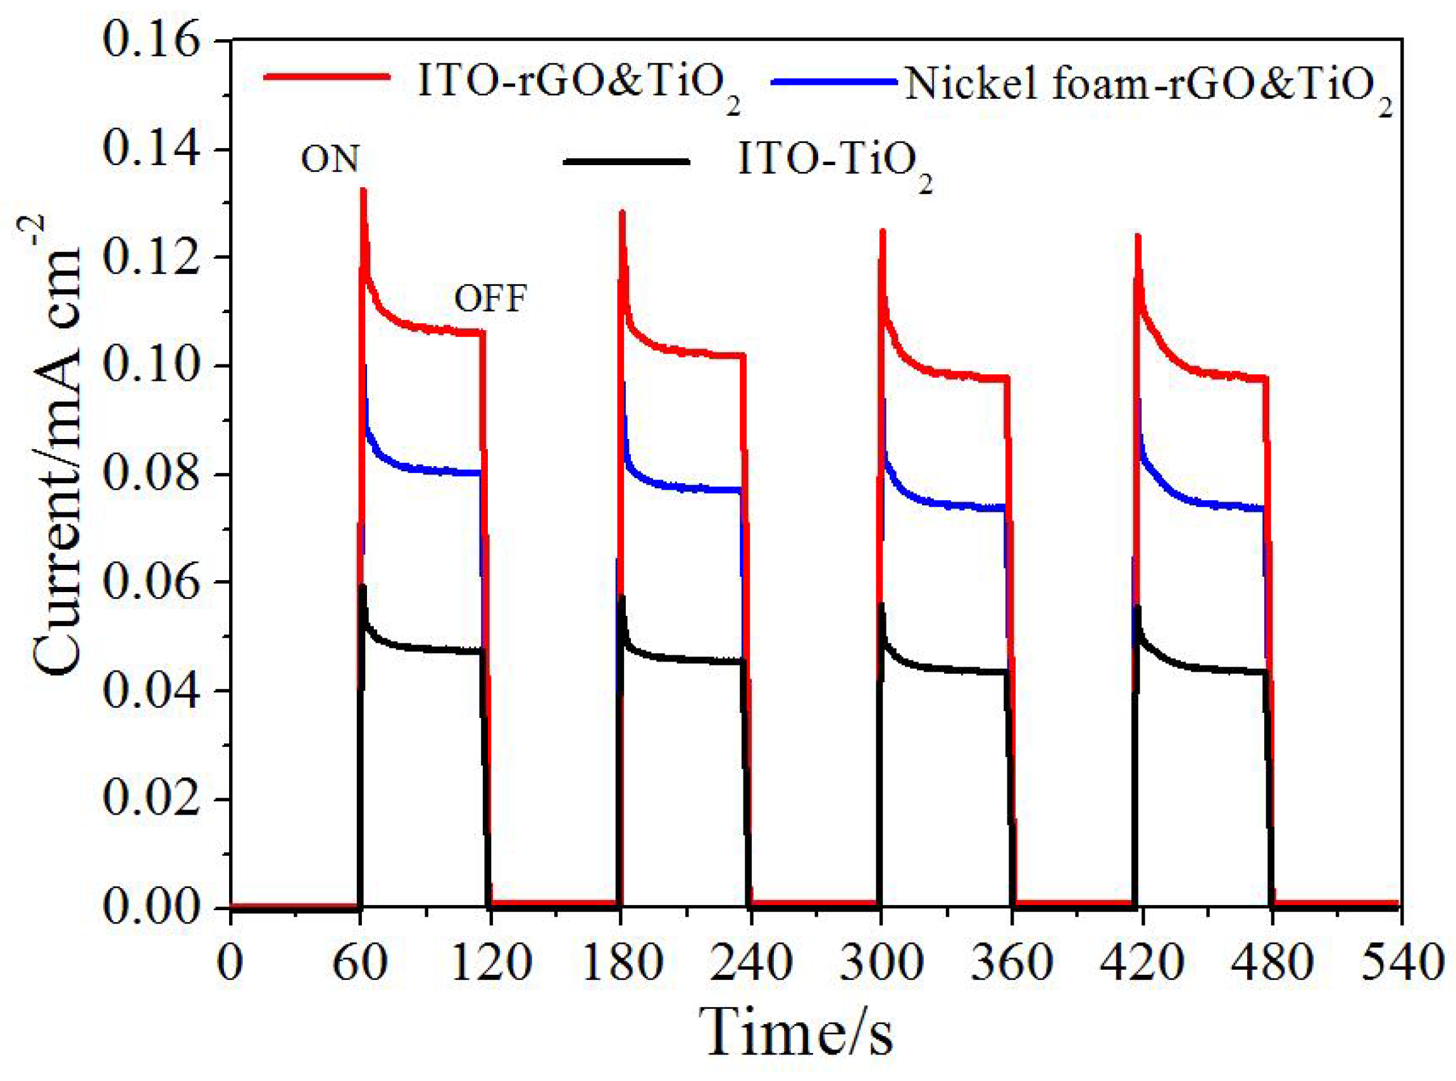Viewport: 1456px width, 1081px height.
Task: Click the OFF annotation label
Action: pyautogui.click(x=490, y=299)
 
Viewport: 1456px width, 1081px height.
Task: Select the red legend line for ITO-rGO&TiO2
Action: pyautogui.click(x=327, y=77)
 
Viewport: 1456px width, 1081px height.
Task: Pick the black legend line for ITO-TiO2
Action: pyautogui.click(x=626, y=159)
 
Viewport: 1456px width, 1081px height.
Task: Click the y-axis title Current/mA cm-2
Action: pyautogui.click(x=57, y=445)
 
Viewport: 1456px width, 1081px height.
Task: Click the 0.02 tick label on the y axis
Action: pyautogui.click(x=151, y=800)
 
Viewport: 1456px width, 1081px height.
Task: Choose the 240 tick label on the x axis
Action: pyautogui.click(x=750, y=963)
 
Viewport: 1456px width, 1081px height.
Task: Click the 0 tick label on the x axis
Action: pyautogui.click(x=230, y=963)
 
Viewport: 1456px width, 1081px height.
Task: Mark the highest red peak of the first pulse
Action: pyautogui.click(x=363, y=191)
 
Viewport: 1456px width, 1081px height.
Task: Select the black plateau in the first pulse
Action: pyautogui.click(x=432, y=648)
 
